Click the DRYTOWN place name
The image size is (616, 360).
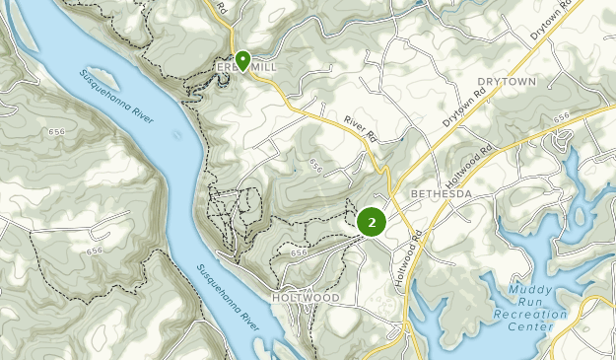tap(508, 81)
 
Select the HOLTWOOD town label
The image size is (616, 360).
tap(308, 297)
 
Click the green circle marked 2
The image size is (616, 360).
tap(372, 222)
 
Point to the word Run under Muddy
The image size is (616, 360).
tap(531, 302)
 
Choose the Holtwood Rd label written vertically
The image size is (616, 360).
tap(402, 259)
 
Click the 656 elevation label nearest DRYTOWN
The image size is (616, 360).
tap(562, 117)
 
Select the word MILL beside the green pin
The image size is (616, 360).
tap(264, 66)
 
